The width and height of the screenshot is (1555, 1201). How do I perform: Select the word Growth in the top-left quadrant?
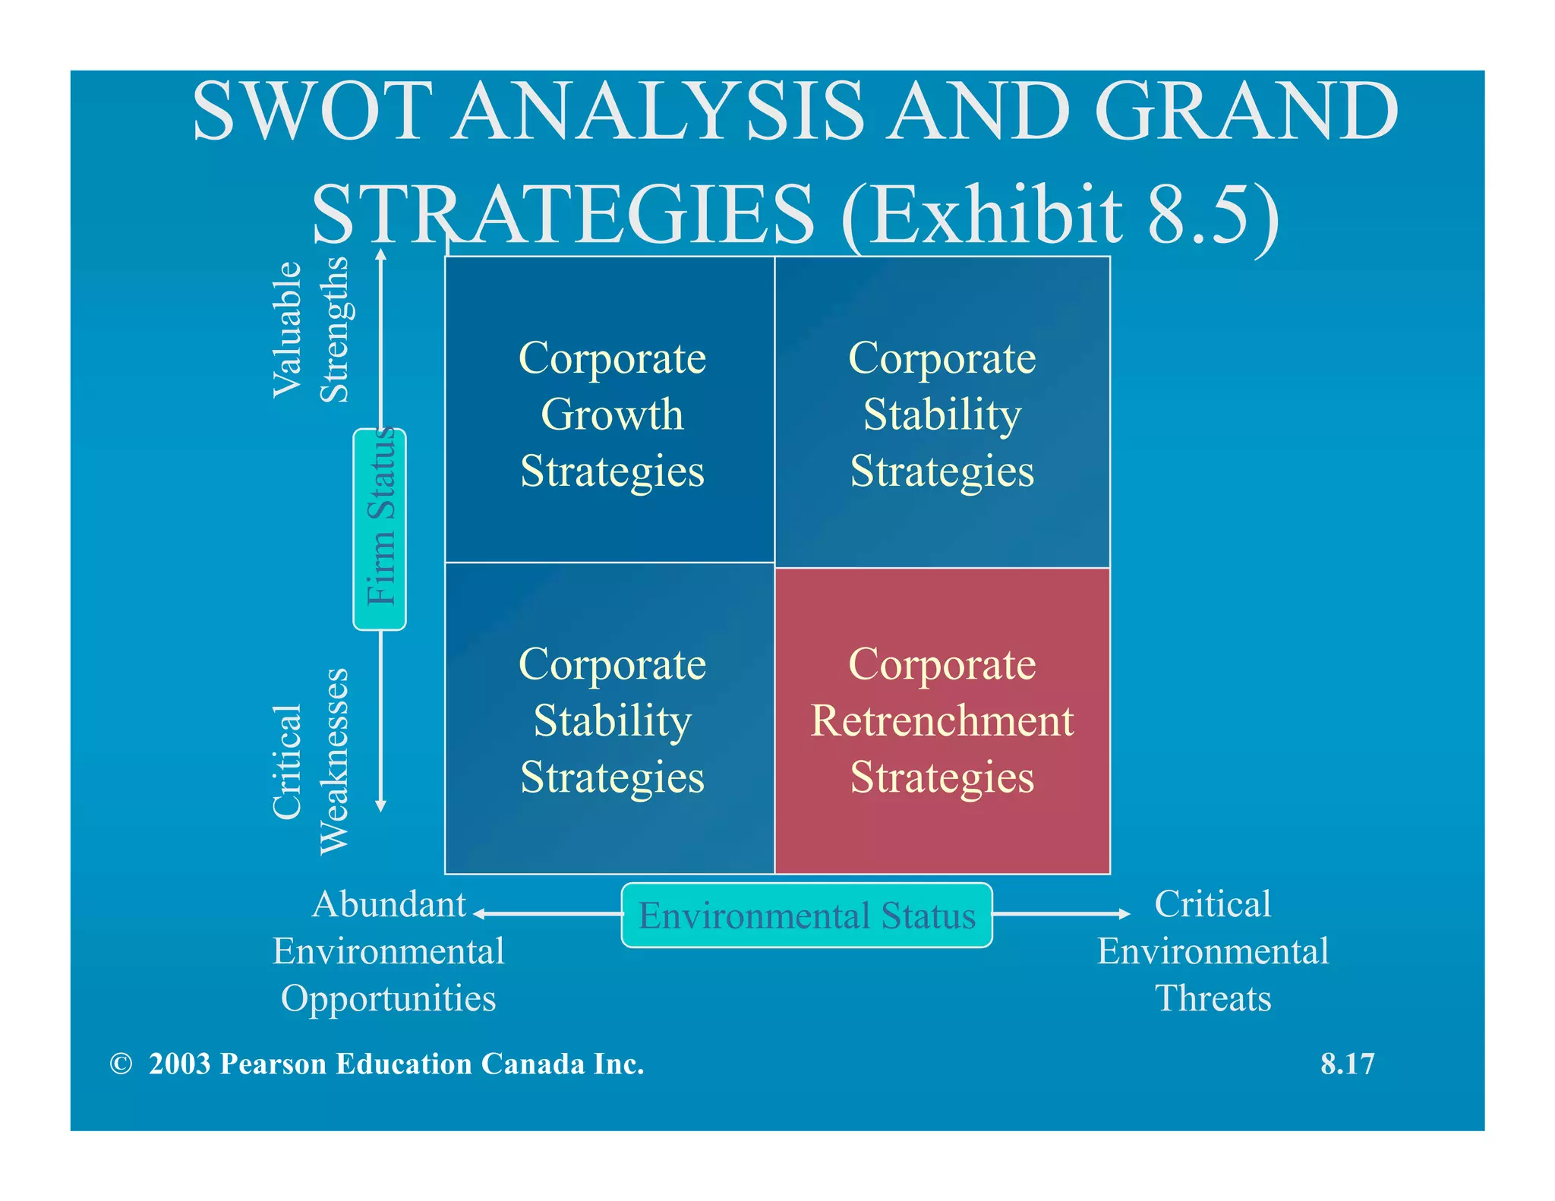(612, 415)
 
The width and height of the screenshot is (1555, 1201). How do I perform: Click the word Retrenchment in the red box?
(942, 720)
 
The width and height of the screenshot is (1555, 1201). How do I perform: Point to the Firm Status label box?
(380, 529)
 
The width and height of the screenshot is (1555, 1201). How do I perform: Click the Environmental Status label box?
(806, 915)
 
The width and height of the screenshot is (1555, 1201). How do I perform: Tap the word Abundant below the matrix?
(389, 904)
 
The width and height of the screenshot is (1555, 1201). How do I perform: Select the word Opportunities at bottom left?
(388, 998)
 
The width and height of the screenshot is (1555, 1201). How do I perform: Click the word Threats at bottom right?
(1213, 998)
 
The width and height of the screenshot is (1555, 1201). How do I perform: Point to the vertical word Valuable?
(288, 329)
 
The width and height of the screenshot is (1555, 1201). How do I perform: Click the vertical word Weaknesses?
(333, 761)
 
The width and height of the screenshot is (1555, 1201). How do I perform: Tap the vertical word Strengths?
(333, 329)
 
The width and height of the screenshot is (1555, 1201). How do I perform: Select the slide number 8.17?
(1347, 1064)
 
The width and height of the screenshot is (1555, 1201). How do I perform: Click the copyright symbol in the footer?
(121, 1064)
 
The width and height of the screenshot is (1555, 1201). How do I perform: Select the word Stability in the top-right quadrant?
(942, 415)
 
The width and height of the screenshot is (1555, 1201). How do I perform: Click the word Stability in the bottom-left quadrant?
(612, 720)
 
